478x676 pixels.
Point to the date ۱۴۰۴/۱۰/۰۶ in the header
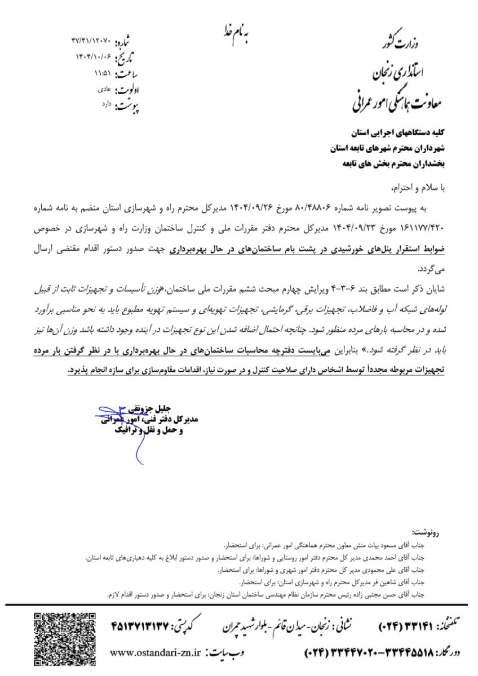coord(94,57)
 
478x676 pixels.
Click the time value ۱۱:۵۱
coord(103,73)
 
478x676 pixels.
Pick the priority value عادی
coord(104,88)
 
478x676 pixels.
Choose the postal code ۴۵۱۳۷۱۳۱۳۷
coord(144,624)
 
